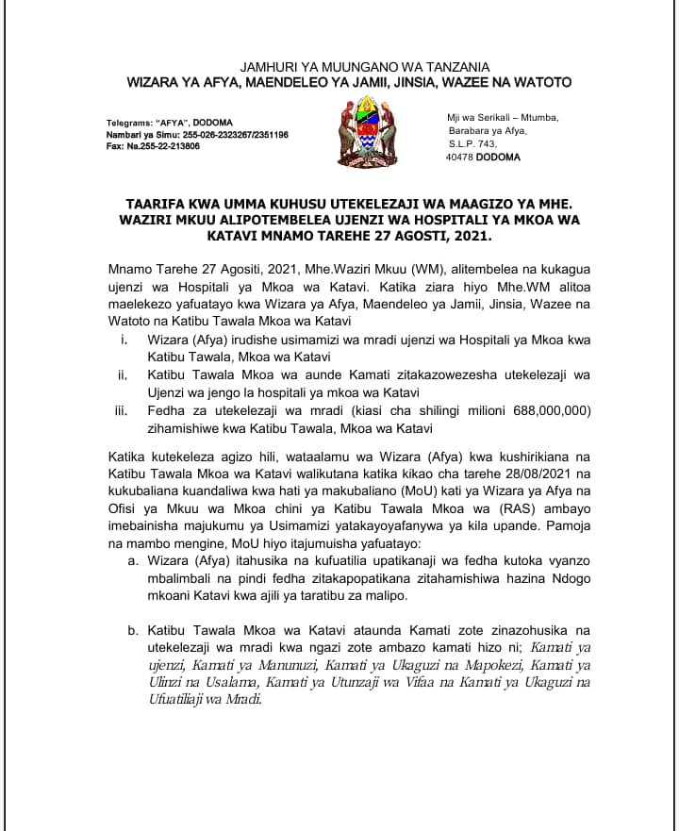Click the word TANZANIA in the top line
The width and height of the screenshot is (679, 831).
coord(453,67)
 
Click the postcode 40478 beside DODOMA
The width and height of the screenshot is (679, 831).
coord(462,158)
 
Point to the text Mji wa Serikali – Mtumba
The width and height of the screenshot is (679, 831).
coord(503,117)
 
